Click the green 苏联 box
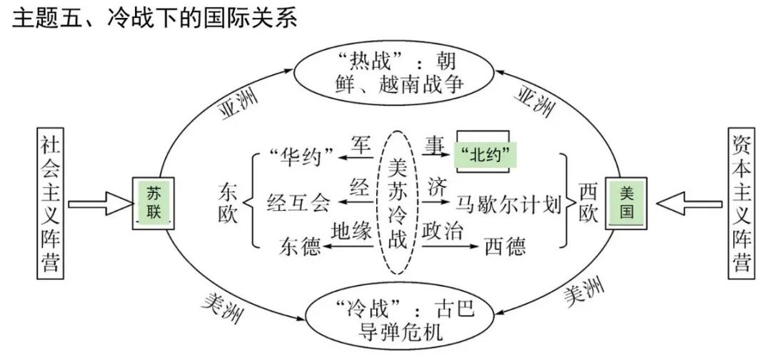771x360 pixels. (x=154, y=203)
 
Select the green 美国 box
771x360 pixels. (x=627, y=203)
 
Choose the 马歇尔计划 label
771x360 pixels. (x=508, y=203)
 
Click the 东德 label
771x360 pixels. (x=298, y=246)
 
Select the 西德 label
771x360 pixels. (x=505, y=246)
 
